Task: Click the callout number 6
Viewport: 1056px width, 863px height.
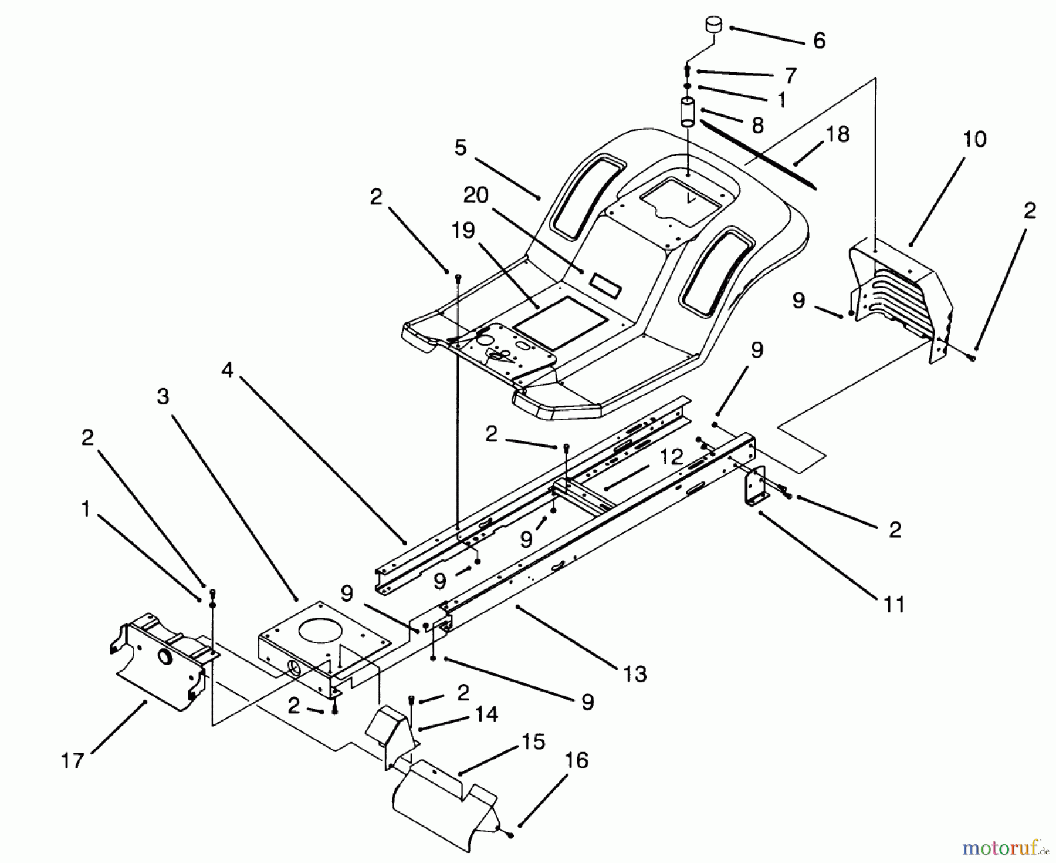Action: point(819,41)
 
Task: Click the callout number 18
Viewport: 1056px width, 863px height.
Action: point(838,134)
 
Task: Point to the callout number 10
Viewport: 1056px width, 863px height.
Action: point(974,139)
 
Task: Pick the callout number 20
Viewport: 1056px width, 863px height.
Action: point(476,195)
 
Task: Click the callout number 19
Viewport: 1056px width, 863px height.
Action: point(463,231)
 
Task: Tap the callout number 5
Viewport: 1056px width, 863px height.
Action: point(461,148)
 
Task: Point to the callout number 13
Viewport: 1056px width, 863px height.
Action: point(635,674)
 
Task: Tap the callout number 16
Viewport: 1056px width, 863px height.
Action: point(577,761)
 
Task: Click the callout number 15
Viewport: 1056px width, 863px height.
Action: point(533,742)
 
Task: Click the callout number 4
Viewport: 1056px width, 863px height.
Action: point(228,370)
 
